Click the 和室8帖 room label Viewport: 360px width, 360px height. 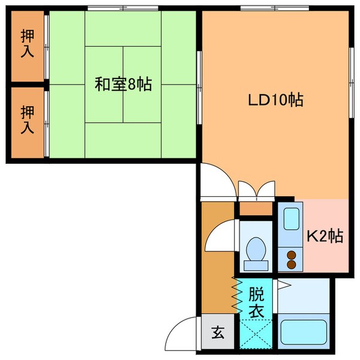pos(122,85)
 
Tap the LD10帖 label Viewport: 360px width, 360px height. pos(275,100)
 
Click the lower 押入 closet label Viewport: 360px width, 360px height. pos(28,119)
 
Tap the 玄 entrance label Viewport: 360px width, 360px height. pos(217,332)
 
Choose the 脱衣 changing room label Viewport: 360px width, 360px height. pos(256,303)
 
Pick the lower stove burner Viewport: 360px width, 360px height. pos(292,264)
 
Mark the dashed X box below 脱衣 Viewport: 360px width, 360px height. pos(256,333)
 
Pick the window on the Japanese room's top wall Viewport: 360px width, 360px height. pos(122,8)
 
